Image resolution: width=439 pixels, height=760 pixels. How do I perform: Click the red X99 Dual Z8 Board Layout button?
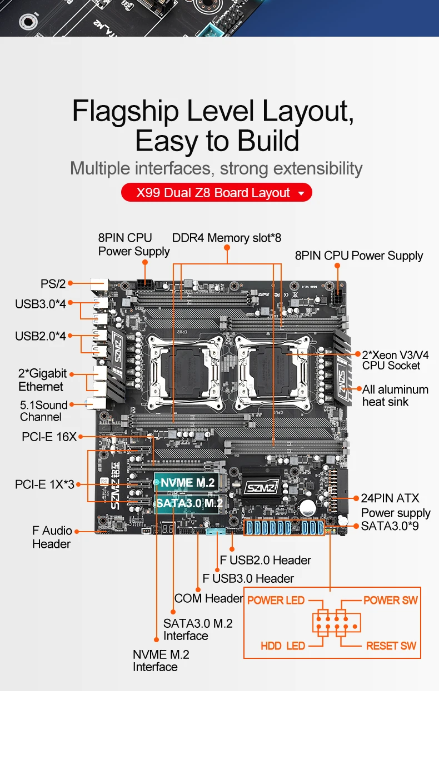click(x=216, y=193)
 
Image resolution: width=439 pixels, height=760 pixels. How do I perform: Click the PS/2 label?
click(x=53, y=284)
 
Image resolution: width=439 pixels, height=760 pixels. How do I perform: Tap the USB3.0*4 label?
click(x=41, y=304)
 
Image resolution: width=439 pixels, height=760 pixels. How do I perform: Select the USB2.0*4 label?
click(x=41, y=336)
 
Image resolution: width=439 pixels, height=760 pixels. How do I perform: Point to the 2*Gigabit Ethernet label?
click(x=42, y=380)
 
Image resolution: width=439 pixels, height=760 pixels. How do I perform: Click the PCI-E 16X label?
click(x=49, y=437)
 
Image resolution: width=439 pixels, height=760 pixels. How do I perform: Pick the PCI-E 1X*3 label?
click(x=44, y=484)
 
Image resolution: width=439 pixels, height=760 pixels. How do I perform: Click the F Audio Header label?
click(x=52, y=537)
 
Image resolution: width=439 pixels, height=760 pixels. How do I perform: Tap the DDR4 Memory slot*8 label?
click(x=227, y=238)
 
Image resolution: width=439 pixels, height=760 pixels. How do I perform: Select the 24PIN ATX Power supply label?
click(x=395, y=505)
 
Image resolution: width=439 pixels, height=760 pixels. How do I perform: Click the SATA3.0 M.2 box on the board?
click(x=189, y=503)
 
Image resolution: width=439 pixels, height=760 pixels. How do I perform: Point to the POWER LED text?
click(x=276, y=600)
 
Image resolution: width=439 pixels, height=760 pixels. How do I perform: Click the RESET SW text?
click(x=391, y=646)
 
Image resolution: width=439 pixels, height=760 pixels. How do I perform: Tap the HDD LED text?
click(x=283, y=646)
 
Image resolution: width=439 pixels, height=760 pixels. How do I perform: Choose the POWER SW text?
click(x=390, y=600)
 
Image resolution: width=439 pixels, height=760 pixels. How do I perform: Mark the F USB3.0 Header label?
click(x=248, y=578)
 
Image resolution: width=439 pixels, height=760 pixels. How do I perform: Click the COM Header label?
click(x=208, y=598)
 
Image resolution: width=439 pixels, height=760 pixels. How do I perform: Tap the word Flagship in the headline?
click(x=126, y=112)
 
